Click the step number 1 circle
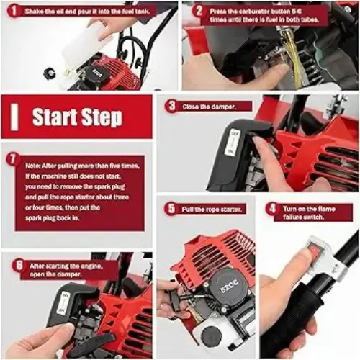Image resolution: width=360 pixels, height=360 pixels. click(x=14, y=11)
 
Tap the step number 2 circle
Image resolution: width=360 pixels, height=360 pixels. click(x=199, y=11)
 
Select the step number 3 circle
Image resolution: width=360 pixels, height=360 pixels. click(x=172, y=106)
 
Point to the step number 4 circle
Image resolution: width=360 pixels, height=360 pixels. click(x=272, y=208)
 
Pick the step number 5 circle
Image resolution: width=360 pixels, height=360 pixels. click(x=171, y=208)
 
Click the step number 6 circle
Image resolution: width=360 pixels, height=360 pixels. click(x=19, y=265)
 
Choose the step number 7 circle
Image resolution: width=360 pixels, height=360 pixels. click(x=13, y=159)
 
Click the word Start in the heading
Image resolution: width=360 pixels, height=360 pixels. click(x=55, y=117)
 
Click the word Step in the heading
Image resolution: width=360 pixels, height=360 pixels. click(x=102, y=117)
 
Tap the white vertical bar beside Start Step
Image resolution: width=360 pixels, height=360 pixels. click(x=14, y=117)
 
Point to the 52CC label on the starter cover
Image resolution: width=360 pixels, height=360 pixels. click(x=229, y=286)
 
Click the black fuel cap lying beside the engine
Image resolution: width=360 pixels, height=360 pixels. click(x=50, y=73)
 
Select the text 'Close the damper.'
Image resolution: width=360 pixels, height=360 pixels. click(x=209, y=107)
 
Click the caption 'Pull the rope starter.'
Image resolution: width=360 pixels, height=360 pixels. click(x=211, y=210)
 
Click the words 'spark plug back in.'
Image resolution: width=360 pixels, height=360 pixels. click(x=52, y=218)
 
